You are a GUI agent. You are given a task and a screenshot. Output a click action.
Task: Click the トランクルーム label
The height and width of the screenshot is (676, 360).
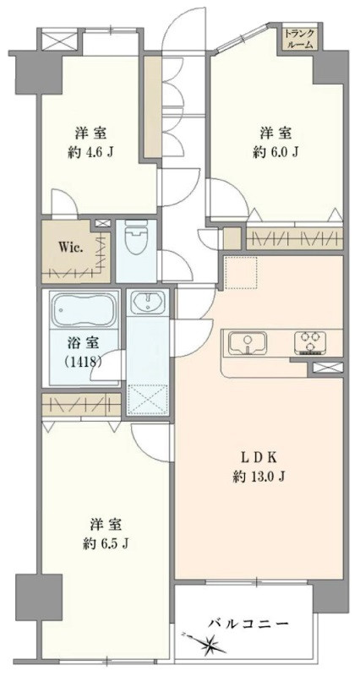pyautogui.click(x=299, y=40)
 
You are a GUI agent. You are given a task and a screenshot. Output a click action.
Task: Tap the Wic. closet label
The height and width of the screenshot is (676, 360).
pyautogui.click(x=69, y=248)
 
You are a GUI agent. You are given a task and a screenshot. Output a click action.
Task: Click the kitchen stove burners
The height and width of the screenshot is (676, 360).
pyautogui.click(x=309, y=343)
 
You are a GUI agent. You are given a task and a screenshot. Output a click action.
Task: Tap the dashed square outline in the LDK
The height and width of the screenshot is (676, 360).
pyautogui.click(x=239, y=272)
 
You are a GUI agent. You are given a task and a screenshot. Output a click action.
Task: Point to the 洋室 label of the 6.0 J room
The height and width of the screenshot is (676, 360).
pyautogui.click(x=275, y=133)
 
